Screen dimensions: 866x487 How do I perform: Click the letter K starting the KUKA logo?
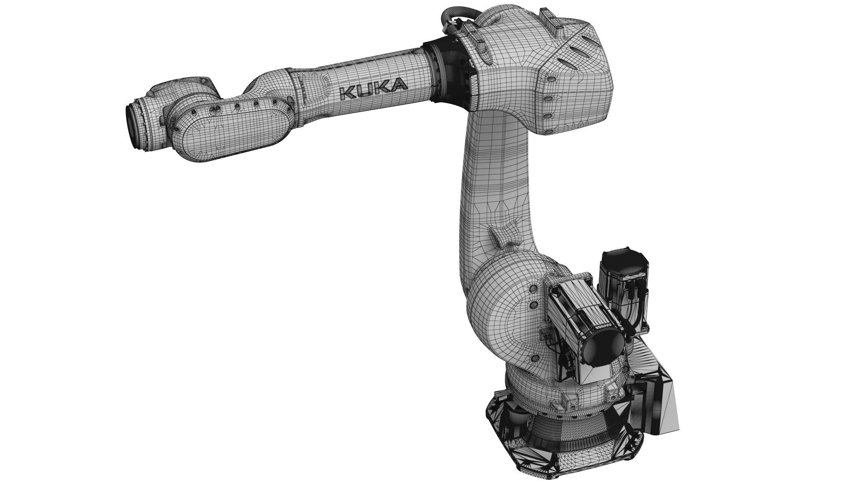point(348,93)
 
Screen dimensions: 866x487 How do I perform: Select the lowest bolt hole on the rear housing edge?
point(549,130)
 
